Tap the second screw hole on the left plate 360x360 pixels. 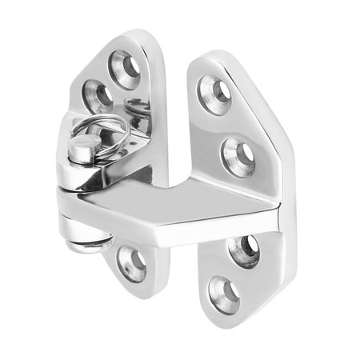click(x=101, y=94)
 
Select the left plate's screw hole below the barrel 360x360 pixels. click(x=131, y=262)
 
